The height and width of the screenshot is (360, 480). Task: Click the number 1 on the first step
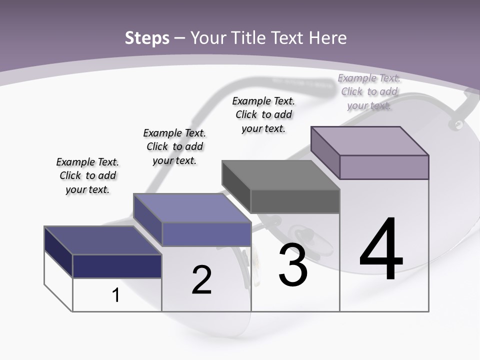(x=116, y=295)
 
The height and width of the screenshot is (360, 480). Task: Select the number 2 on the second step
(x=201, y=280)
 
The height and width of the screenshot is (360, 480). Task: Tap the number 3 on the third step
(x=293, y=265)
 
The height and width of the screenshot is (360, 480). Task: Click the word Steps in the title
(x=147, y=38)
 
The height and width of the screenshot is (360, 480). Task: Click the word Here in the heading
(x=328, y=38)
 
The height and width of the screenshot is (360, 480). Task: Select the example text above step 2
(x=174, y=147)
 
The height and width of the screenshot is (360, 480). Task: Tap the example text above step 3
(x=263, y=114)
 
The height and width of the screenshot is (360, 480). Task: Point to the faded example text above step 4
(x=369, y=91)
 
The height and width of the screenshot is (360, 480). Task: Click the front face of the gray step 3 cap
(x=295, y=201)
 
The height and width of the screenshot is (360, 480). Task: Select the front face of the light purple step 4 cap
(x=384, y=167)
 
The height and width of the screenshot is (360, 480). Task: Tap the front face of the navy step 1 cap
(x=117, y=266)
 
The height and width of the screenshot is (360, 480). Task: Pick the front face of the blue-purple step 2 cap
(x=206, y=234)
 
